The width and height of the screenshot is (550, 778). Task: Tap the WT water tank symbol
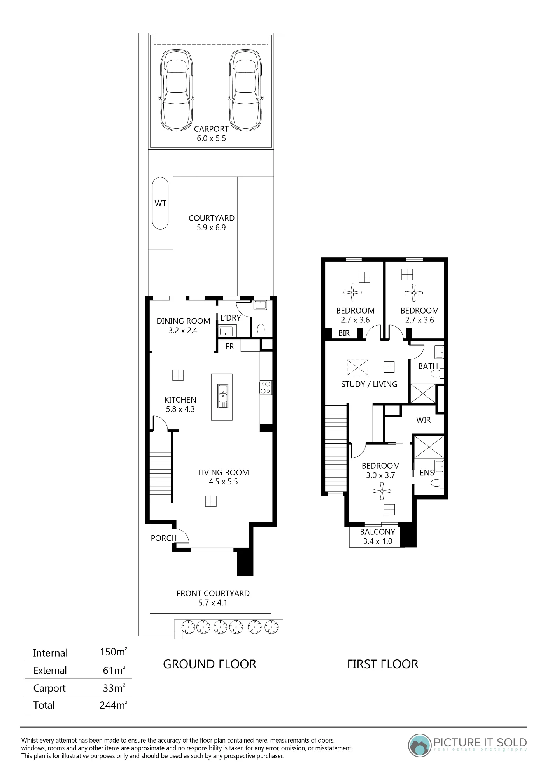click(x=160, y=203)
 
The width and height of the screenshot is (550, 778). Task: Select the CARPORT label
click(x=211, y=129)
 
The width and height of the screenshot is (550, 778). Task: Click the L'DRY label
click(x=231, y=318)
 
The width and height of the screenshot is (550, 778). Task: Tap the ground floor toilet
click(x=261, y=331)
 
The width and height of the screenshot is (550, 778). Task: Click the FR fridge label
click(x=229, y=346)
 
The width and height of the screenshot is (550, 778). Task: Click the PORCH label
click(x=164, y=538)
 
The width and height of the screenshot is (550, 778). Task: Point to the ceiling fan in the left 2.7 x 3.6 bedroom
click(x=353, y=292)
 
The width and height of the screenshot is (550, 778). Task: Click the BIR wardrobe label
click(x=344, y=333)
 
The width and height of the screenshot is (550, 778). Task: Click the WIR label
click(x=424, y=420)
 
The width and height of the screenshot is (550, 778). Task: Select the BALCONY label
click(x=377, y=532)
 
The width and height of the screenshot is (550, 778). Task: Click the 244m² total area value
click(x=113, y=704)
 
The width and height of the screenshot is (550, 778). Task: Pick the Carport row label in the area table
click(x=49, y=688)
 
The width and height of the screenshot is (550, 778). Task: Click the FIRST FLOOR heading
click(x=383, y=664)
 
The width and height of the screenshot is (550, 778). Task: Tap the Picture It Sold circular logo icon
click(x=420, y=745)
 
